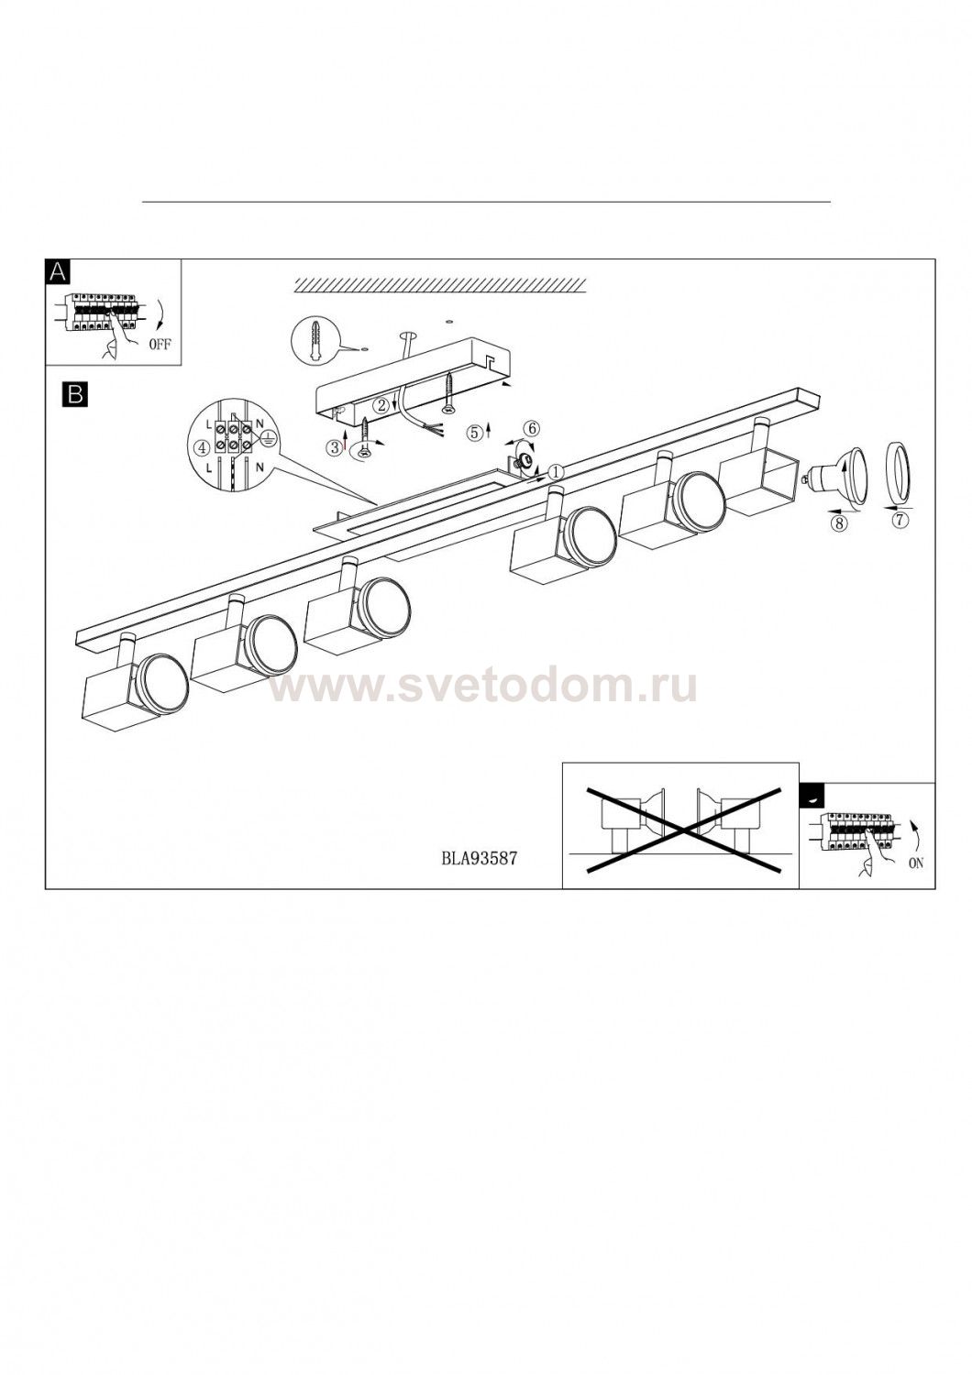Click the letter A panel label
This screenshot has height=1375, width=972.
click(58, 270)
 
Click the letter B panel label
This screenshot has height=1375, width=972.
click(75, 394)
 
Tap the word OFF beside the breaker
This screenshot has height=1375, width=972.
click(160, 344)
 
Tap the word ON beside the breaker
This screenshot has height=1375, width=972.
click(915, 863)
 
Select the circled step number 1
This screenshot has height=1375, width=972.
click(555, 472)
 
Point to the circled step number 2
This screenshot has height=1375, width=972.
click(381, 404)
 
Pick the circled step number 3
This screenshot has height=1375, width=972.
click(335, 447)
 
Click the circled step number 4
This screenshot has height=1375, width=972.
click(202, 447)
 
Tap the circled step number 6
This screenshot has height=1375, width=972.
click(533, 427)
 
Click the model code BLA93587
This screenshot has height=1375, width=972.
click(479, 858)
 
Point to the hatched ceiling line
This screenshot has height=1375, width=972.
click(441, 283)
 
